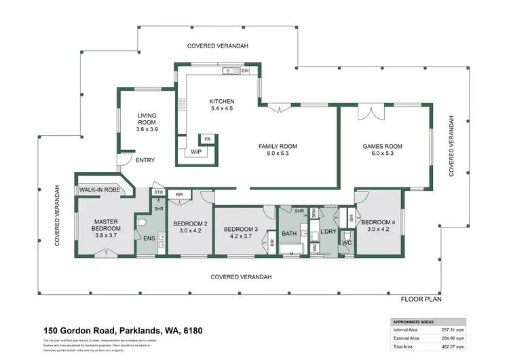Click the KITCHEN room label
point(222,102)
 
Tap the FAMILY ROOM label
point(278,146)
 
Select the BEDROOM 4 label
point(377,223)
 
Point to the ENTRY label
point(145,161)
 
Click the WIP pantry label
point(195,151)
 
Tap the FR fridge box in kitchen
point(208,139)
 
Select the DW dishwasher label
point(244,71)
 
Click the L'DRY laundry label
point(328,233)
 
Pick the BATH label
point(290,234)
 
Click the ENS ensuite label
point(149,238)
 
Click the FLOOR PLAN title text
point(421,299)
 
